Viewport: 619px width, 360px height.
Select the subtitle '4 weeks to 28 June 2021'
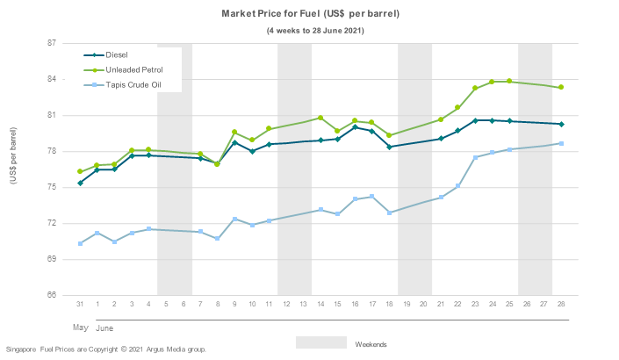(316, 31)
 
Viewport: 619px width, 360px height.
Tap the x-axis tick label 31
(80, 303)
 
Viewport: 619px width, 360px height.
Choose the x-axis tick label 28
(561, 303)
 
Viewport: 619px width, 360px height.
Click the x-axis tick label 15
(338, 303)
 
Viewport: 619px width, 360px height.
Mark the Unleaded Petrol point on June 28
(561, 87)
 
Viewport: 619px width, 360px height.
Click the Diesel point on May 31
(80, 183)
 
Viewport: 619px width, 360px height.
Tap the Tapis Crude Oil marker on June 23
(475, 157)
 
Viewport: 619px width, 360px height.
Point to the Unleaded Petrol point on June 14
(320, 118)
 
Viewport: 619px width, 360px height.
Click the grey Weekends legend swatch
(320, 342)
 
